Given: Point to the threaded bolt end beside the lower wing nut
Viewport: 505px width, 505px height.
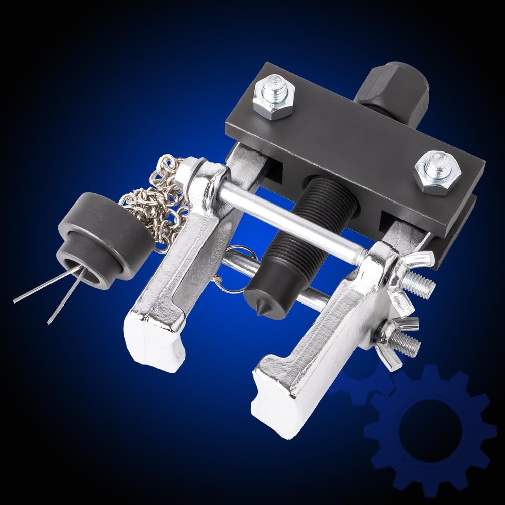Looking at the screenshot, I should pos(407,343).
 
